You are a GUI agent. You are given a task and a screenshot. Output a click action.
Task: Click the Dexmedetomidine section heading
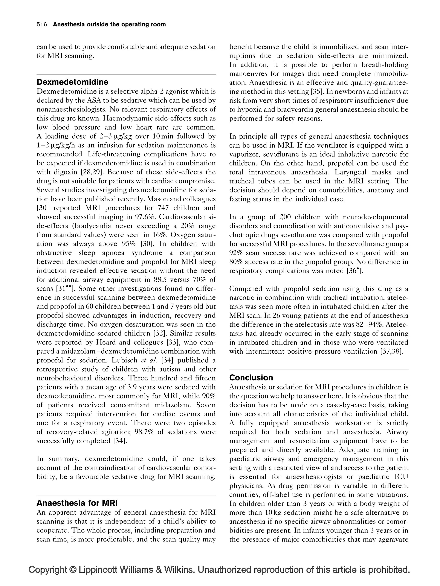72,82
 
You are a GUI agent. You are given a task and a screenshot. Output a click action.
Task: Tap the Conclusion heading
251,377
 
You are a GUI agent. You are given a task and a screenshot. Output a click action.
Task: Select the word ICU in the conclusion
401,477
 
